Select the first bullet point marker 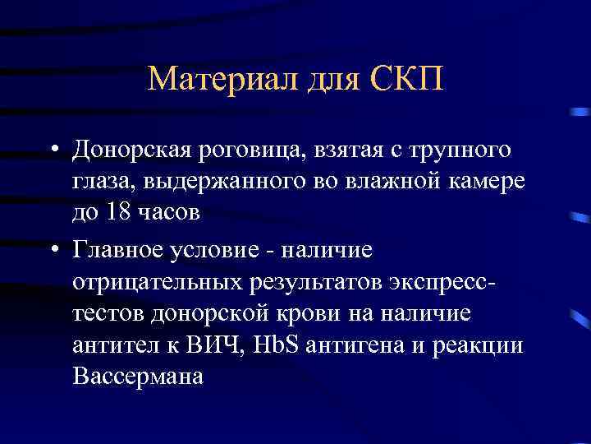(52, 151)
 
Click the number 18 (116, 212)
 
